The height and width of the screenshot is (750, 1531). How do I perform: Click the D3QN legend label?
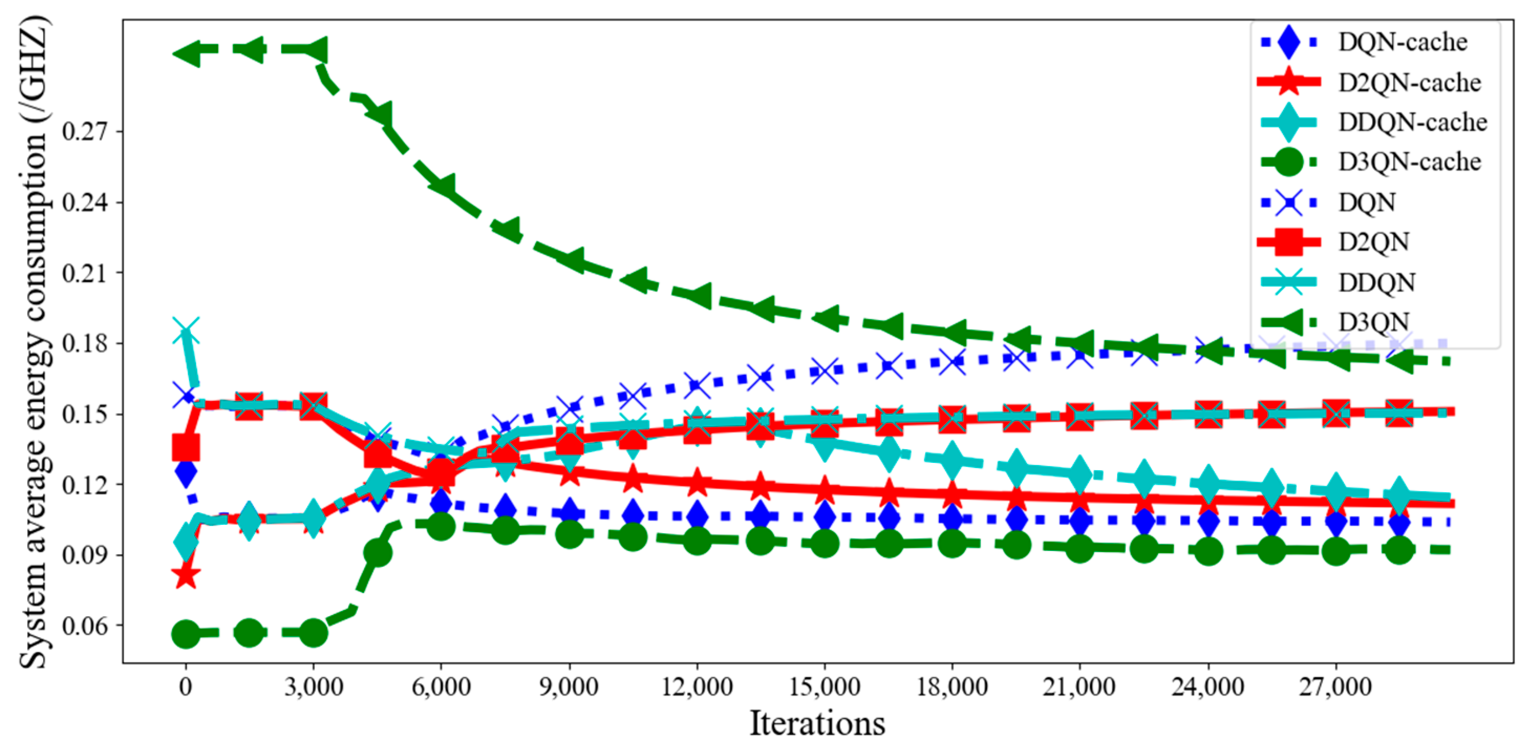point(1374,322)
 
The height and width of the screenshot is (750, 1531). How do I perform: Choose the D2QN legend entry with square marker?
point(1374,242)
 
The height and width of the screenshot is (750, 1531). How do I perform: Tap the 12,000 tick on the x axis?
point(697,688)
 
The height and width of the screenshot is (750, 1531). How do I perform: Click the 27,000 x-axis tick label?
point(1335,688)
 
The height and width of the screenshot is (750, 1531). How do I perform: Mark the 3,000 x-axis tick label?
point(313,688)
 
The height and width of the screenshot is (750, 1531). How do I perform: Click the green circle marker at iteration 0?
point(186,634)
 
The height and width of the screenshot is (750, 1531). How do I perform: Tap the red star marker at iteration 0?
point(186,575)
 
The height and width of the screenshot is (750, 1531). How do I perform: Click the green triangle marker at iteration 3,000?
point(313,49)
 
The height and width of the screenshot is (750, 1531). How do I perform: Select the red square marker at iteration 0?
point(186,447)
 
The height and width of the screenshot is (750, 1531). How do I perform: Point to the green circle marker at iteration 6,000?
point(441,526)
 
